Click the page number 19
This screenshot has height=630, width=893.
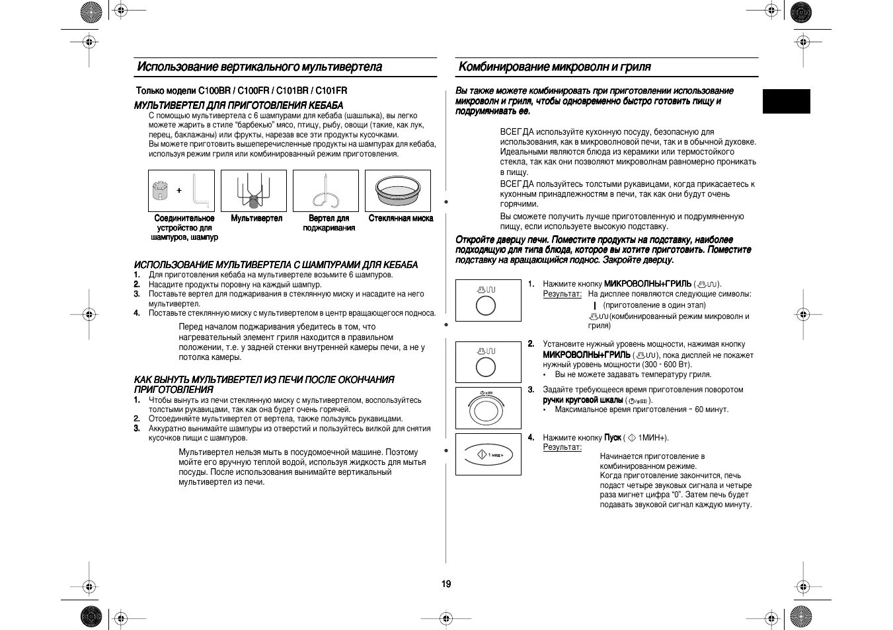coord(447,584)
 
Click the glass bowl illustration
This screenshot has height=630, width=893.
coord(398,191)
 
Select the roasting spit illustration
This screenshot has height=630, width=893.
coord(325,192)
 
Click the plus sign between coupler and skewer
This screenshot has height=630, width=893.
coord(178,190)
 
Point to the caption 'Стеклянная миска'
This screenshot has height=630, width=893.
coord(401,218)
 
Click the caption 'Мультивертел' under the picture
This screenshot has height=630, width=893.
coord(256,218)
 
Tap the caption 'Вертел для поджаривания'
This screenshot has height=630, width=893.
coord(329,223)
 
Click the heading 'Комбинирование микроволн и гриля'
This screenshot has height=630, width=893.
coord(554,67)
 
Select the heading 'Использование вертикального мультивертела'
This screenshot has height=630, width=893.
coord(259,67)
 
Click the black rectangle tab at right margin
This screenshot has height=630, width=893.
coord(786,101)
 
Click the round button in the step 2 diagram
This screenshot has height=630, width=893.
coord(486,368)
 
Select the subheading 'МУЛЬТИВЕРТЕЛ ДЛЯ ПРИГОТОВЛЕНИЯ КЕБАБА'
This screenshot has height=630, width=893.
coord(239,106)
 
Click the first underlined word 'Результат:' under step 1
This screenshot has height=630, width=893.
coord(562,294)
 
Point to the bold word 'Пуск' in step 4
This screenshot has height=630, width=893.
coord(612,437)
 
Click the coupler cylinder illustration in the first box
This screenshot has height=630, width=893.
coord(159,191)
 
